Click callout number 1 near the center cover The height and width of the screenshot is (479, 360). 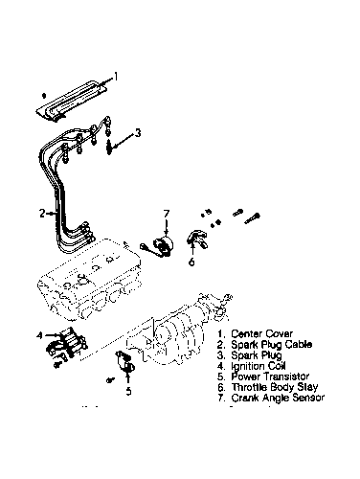click(116, 76)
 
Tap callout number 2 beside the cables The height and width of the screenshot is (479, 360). click(42, 213)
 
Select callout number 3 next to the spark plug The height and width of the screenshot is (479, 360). click(138, 132)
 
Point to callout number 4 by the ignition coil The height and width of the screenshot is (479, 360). click(39, 335)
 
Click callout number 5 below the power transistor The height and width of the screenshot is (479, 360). click(128, 391)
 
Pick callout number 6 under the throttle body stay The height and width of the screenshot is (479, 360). click(191, 262)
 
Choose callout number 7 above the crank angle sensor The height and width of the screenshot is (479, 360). click(167, 214)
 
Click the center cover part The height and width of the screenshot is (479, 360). click(72, 101)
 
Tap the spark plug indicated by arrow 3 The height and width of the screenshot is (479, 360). click(109, 148)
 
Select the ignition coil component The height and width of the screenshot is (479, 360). click(67, 346)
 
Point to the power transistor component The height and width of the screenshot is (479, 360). click(125, 361)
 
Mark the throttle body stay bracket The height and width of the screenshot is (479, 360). click(197, 240)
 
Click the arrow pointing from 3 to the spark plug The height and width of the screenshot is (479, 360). click(123, 141)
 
